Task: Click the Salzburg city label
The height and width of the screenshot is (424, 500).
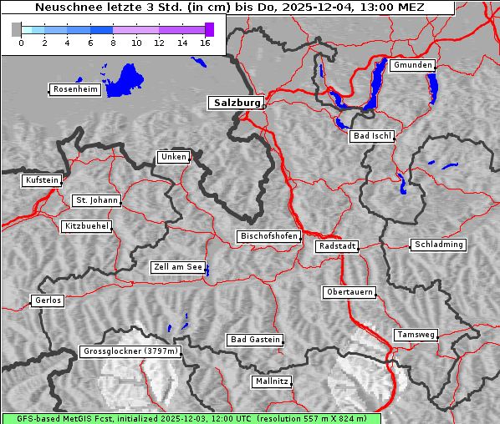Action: (235, 103)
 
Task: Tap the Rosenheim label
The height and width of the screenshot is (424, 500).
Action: (74, 89)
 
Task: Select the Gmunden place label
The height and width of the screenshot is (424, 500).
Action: (412, 65)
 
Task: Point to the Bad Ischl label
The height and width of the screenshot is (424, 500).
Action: (371, 136)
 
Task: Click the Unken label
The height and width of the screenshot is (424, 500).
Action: (172, 157)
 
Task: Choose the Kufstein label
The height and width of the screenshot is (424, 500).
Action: (41, 180)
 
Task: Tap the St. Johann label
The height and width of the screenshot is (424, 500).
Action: (96, 200)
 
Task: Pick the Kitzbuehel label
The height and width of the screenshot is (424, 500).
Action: (86, 226)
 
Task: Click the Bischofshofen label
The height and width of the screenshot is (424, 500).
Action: (268, 237)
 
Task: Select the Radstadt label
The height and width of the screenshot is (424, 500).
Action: (337, 246)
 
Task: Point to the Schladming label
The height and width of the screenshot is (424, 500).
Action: (437, 245)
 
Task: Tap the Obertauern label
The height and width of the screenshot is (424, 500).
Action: (349, 293)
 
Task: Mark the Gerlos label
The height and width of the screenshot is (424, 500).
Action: (47, 300)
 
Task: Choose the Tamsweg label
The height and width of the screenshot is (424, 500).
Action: (416, 335)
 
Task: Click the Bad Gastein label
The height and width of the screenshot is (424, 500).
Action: (254, 340)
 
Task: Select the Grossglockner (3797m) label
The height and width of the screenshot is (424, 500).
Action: (130, 352)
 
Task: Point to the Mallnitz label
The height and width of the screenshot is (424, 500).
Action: (272, 381)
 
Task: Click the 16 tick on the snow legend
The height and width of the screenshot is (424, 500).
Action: (205, 43)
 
